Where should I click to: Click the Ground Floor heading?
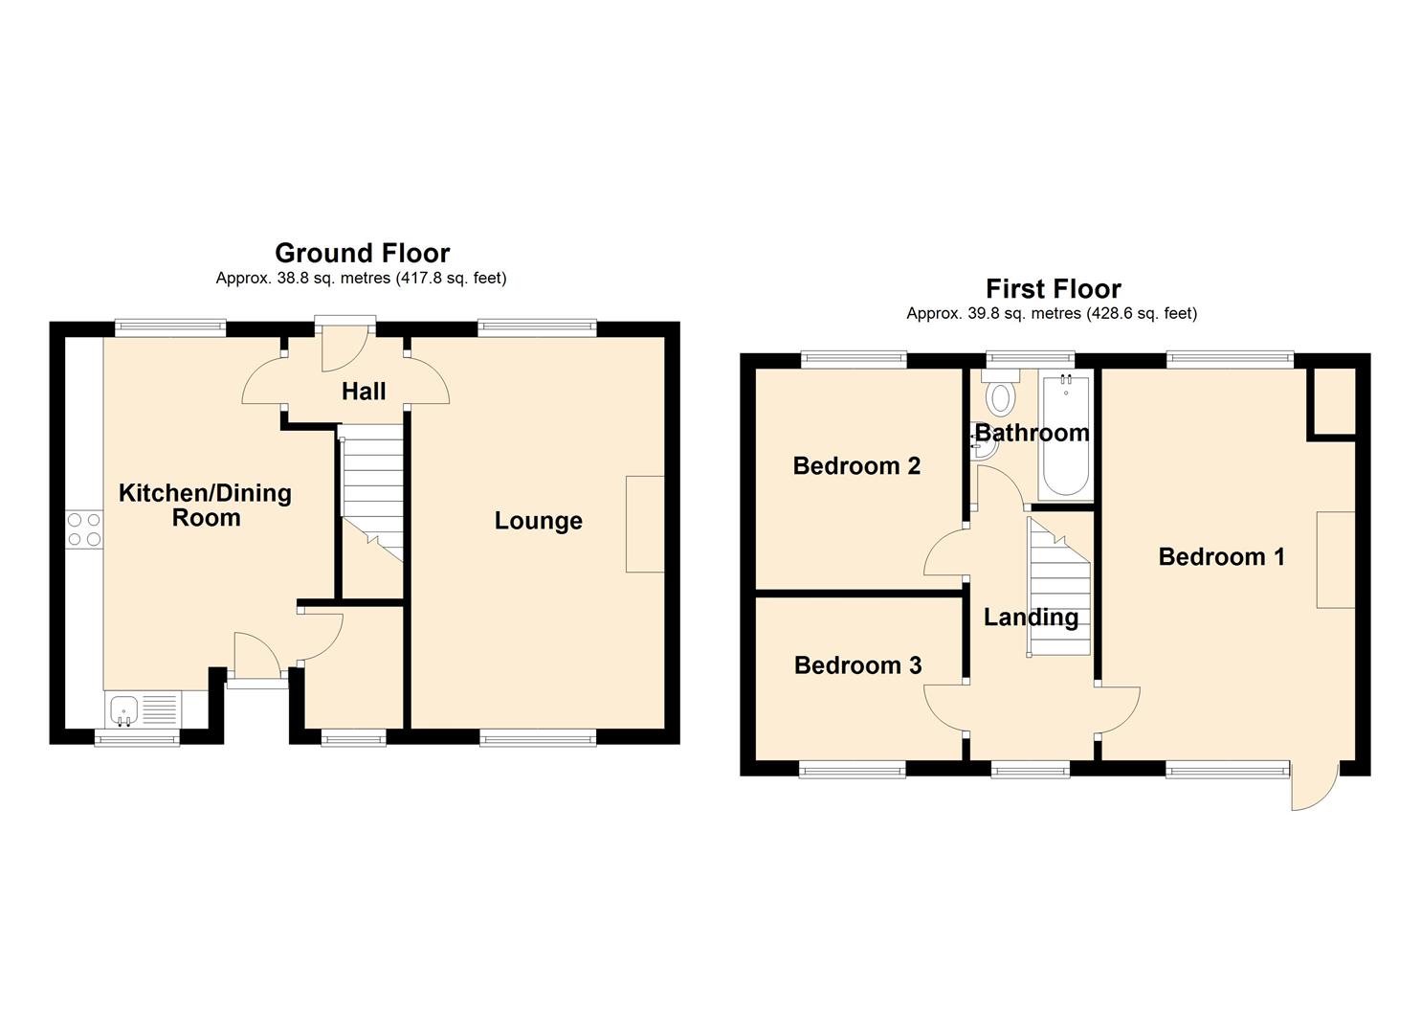click(x=363, y=254)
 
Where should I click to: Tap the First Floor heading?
click(x=1053, y=289)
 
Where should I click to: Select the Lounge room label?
click(x=539, y=521)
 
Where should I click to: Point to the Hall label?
click(x=364, y=392)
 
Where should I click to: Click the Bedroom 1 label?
click(x=1221, y=556)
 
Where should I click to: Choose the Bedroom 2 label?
click(x=856, y=466)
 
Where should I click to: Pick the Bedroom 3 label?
click(x=857, y=665)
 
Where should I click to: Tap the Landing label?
click(x=1031, y=618)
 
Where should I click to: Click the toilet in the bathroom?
click(x=1000, y=394)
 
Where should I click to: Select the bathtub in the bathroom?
click(x=1066, y=436)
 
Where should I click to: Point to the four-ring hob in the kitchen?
click(x=84, y=529)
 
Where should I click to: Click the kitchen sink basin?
click(x=124, y=710)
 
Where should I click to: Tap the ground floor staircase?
click(x=372, y=494)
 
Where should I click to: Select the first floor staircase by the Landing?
click(x=1058, y=587)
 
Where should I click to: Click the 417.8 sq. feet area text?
click(x=451, y=278)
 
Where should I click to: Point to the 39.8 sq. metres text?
click(x=993, y=314)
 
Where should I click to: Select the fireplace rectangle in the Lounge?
click(x=645, y=525)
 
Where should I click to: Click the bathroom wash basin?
click(x=986, y=447)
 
